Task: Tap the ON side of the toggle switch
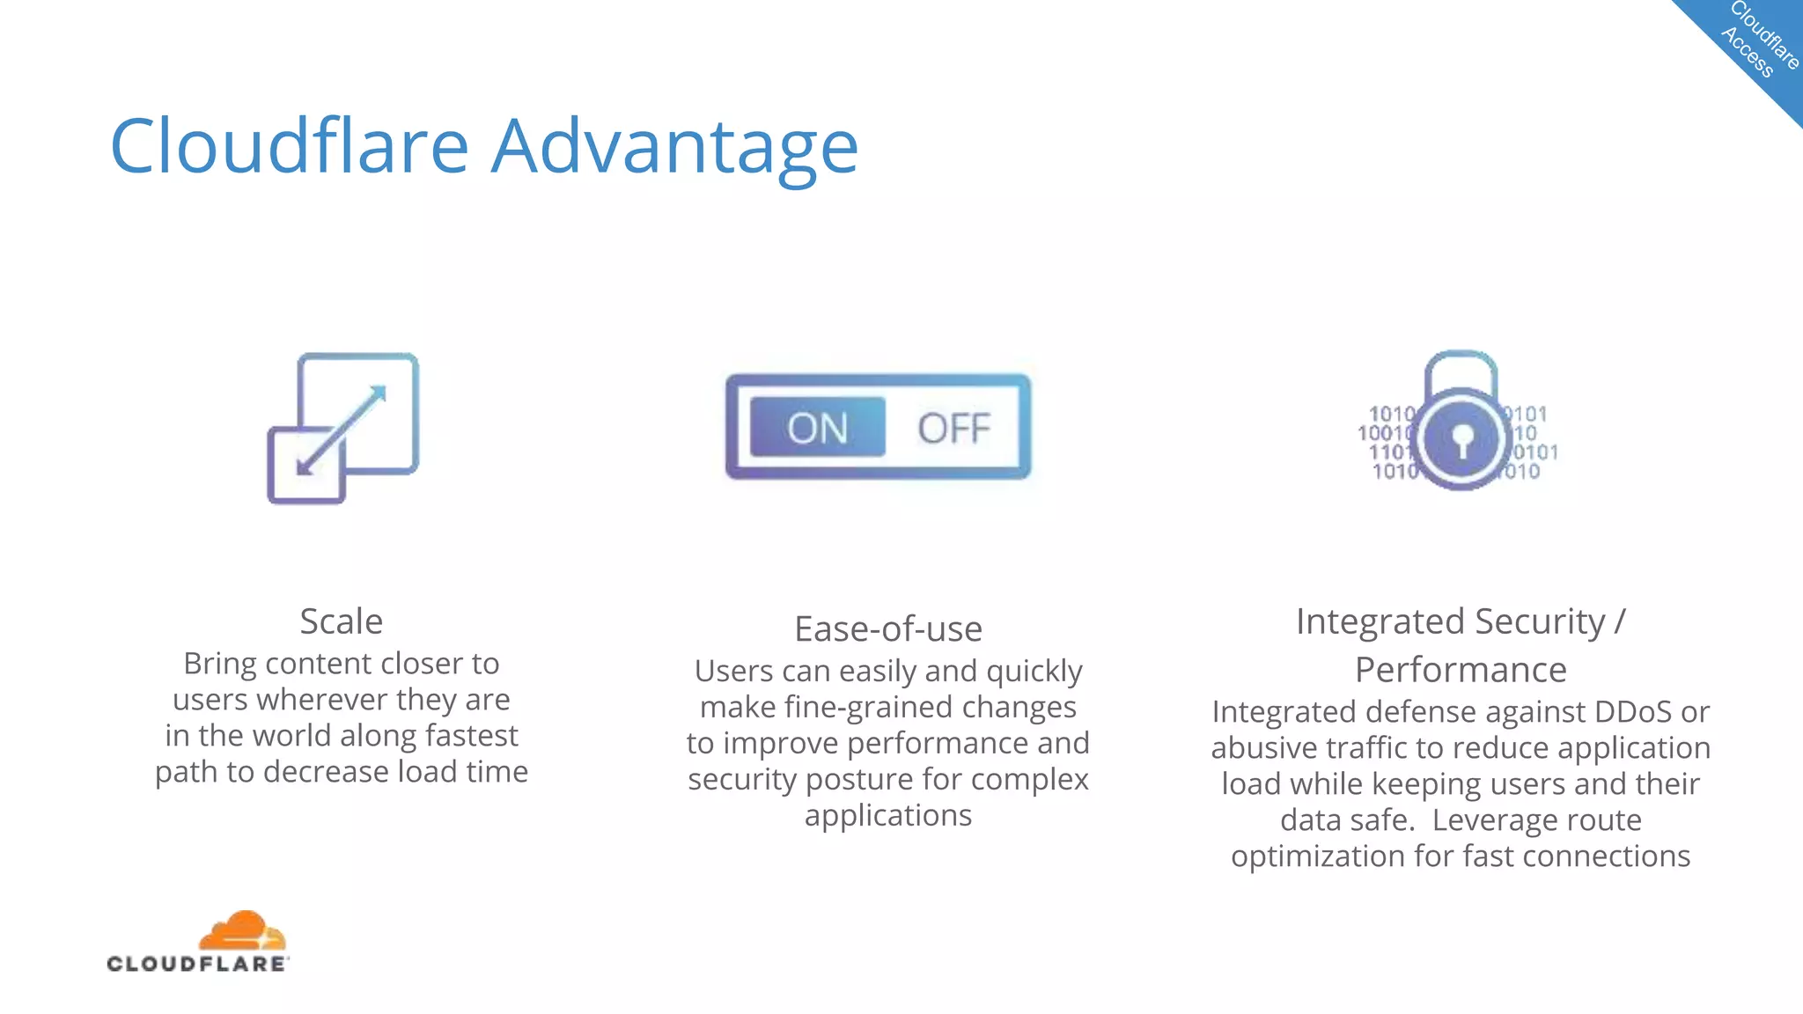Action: pos(817,428)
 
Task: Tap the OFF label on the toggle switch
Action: pos(953,429)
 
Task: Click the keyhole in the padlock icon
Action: pos(1461,438)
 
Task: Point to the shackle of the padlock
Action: pos(1461,365)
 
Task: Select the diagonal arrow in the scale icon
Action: pos(342,430)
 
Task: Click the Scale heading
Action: pos(342,621)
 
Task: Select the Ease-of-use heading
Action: pos(887,629)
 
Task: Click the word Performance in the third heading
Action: pos(1461,670)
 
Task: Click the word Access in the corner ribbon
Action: pos(1747,53)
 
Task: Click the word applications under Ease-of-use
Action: pos(887,815)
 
